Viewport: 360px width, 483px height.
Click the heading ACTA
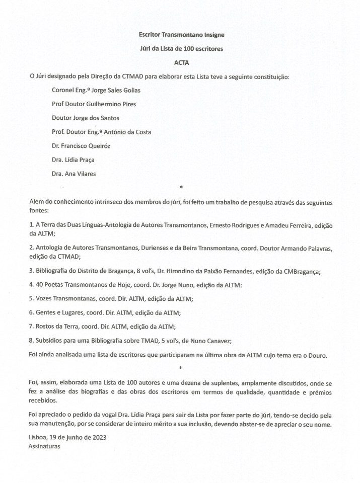coord(180,63)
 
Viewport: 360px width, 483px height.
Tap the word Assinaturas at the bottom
coord(45,445)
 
